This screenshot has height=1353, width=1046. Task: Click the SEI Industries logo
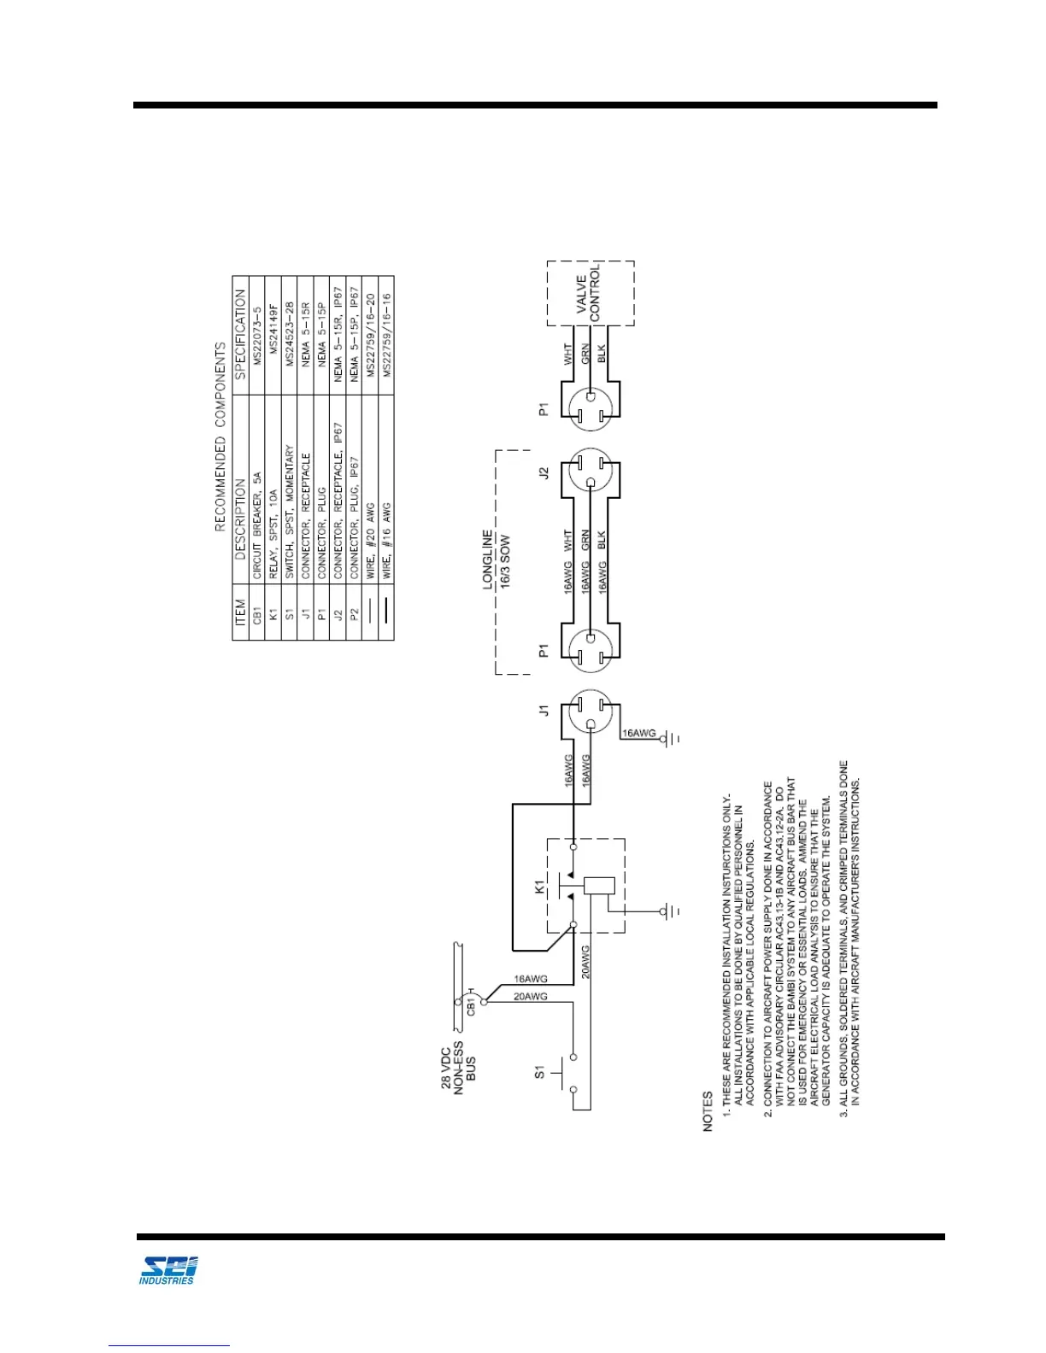pos(167,1269)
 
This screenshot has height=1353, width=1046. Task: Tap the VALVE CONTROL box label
pos(588,294)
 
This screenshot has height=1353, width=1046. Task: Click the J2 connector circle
pos(591,472)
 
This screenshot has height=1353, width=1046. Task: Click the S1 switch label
pos(539,1071)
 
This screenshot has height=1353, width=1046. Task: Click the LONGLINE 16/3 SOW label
pos(496,559)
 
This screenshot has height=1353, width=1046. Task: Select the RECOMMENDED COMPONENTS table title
pos(220,436)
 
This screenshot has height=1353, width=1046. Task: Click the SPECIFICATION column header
pos(240,334)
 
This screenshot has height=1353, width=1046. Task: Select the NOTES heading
pos(708,1111)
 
